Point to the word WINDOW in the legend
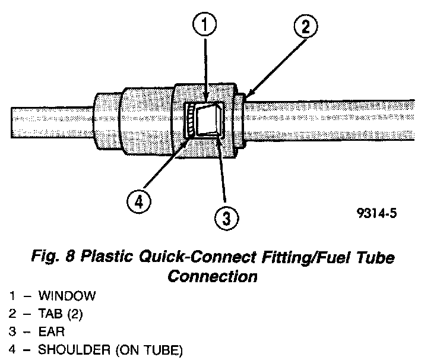pos(66,295)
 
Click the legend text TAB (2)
pos(61,314)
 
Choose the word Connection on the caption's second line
pos(213,276)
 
